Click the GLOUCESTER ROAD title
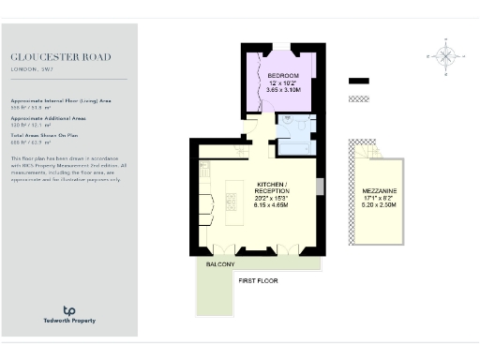[60, 57]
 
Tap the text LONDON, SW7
[33, 69]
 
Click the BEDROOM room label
[282, 75]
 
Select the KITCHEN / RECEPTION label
[272, 187]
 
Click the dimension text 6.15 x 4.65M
[272, 205]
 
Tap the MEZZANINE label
[379, 191]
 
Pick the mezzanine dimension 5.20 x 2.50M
[379, 206]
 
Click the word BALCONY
[221, 265]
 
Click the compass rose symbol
[446, 55]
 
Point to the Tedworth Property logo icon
[68, 310]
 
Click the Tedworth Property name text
[68, 322]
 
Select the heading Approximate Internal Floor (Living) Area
[60, 100]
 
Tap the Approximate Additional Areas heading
[49, 119]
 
